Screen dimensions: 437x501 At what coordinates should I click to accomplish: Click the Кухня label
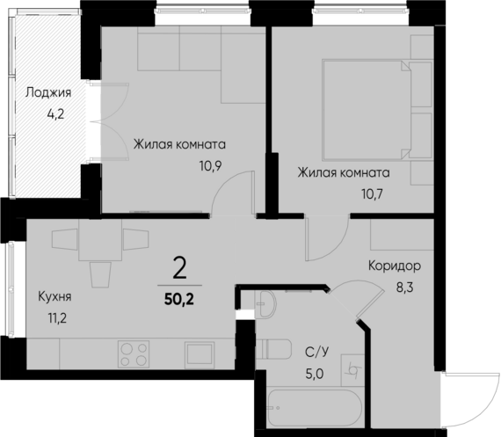coord(54,297)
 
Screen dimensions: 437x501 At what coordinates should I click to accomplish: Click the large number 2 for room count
coord(180,266)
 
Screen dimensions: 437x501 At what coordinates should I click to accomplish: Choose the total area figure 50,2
coord(180,299)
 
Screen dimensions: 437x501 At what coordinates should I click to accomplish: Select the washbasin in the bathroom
coord(266,305)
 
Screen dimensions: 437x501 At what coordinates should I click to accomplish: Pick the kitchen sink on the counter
coord(199,353)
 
